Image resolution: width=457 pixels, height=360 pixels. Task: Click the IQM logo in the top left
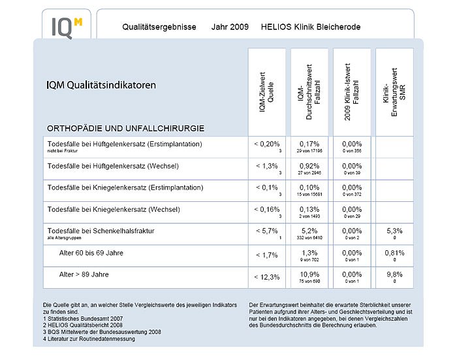coord(67,27)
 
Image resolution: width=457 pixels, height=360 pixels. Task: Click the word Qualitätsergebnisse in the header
coord(160,27)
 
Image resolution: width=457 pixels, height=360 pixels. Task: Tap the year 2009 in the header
coord(225,27)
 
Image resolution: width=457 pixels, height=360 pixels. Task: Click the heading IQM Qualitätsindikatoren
coord(101,85)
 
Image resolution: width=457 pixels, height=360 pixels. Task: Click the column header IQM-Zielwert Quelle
coord(266,92)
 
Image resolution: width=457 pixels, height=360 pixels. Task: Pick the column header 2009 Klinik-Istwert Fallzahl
coord(352,92)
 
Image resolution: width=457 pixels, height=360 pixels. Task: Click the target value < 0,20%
coord(266,144)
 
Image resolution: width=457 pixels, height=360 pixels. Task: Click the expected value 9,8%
coord(394,274)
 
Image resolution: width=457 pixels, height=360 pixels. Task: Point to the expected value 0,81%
coord(394,253)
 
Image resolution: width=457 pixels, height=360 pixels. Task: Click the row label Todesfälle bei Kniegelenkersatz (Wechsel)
coord(114,209)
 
